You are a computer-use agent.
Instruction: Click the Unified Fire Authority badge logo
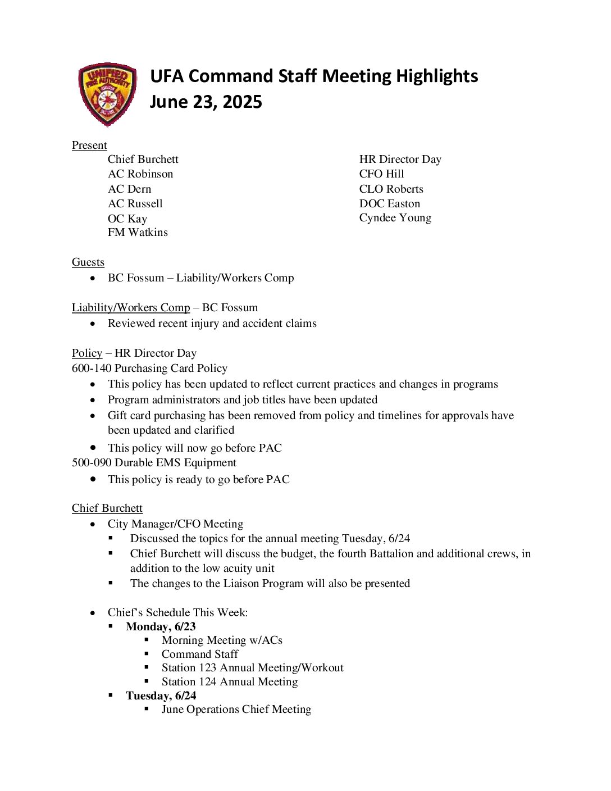[x=107, y=94]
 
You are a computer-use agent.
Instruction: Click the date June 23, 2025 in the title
[x=206, y=102]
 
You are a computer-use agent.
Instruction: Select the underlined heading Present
[x=89, y=145]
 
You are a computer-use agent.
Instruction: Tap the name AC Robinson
[x=140, y=174]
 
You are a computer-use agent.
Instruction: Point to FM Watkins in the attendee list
[x=138, y=233]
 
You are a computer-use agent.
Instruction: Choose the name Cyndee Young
[x=395, y=218]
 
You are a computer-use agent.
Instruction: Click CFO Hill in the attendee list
[x=381, y=174]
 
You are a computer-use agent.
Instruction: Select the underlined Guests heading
[x=88, y=262]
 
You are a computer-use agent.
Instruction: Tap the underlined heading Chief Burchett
[x=107, y=508]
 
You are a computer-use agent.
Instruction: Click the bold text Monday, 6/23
[x=161, y=627]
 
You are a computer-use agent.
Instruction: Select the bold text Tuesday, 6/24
[x=161, y=696]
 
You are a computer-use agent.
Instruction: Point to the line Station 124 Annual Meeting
[x=230, y=682]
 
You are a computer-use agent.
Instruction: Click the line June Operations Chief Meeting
[x=236, y=710]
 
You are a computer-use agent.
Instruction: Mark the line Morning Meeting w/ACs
[x=222, y=640]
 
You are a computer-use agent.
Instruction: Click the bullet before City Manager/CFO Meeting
[x=93, y=524]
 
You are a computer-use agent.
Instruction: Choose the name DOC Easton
[x=389, y=204]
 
